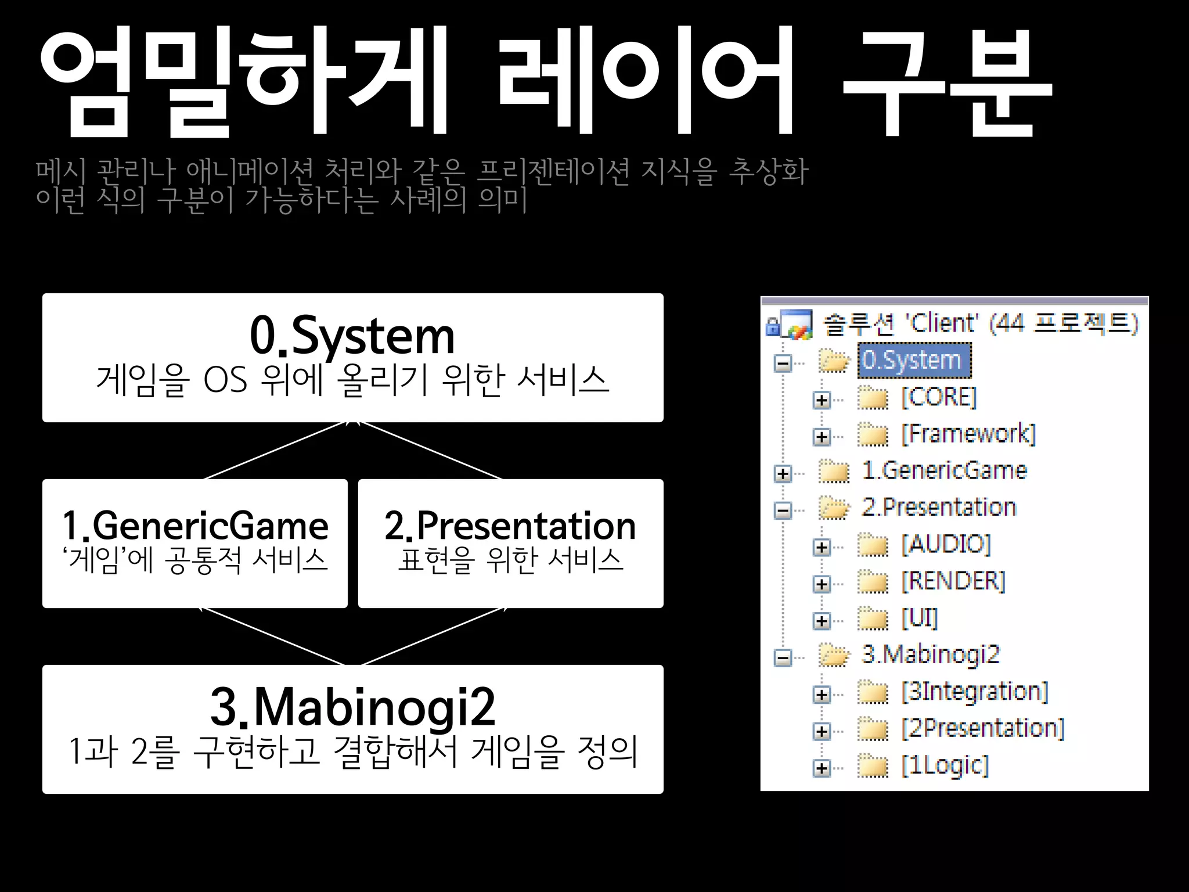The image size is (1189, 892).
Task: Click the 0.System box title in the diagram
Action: pos(352,336)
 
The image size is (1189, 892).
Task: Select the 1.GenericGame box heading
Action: pos(195,526)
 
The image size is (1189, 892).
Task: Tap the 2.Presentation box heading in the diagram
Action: pos(510,526)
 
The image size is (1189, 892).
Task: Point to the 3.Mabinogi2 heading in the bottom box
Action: pos(352,707)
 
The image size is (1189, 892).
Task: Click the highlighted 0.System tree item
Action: pos(913,361)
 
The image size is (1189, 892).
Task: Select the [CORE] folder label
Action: pos(939,398)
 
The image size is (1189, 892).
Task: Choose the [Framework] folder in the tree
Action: pos(968,434)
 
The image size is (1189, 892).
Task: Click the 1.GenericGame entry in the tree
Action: pos(945,471)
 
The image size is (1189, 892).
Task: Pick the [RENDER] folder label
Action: pos(953,581)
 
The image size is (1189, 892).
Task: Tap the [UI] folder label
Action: pos(920,618)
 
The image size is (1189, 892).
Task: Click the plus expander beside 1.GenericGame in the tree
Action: pos(783,474)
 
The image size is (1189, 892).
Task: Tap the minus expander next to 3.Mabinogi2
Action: pos(783,658)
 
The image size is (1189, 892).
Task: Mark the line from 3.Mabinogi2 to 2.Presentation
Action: pos(433,636)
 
